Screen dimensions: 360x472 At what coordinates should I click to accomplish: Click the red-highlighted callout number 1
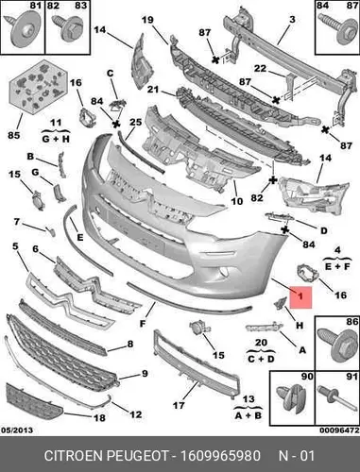click(x=300, y=296)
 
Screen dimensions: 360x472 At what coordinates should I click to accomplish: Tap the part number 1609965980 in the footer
click(x=220, y=456)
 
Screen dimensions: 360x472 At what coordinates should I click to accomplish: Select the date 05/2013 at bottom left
click(x=17, y=430)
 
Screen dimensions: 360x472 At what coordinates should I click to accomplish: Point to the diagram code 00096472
click(x=339, y=430)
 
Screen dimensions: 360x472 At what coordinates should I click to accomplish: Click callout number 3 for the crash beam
click(x=292, y=20)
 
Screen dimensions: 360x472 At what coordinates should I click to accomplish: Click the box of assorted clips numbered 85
click(x=39, y=86)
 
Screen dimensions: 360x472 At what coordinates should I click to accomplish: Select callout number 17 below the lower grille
click(x=179, y=405)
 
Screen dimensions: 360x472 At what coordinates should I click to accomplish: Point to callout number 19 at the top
click(x=147, y=20)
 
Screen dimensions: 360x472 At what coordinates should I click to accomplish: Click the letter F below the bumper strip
click(x=143, y=323)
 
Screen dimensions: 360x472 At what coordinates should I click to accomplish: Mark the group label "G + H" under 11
click(x=56, y=139)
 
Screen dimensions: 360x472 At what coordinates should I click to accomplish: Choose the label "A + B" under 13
click(x=249, y=415)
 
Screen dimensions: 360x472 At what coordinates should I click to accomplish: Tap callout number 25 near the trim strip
click(x=136, y=122)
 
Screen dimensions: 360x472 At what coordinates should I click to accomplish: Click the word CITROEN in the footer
click(x=75, y=456)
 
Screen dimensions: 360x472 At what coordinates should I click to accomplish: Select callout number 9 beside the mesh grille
click(x=145, y=374)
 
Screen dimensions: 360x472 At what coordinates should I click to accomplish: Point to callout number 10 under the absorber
click(x=237, y=201)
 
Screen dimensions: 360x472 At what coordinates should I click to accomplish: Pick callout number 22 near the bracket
click(x=260, y=68)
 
